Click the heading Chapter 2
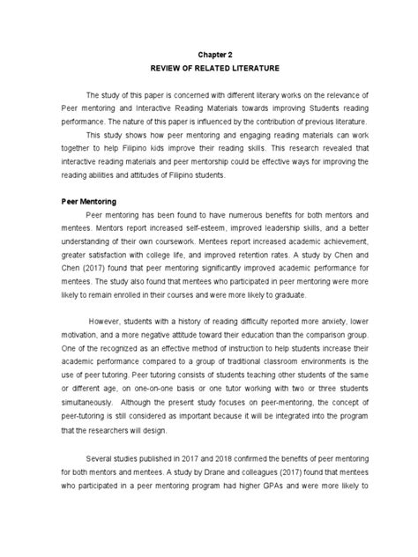click(x=209, y=52)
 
